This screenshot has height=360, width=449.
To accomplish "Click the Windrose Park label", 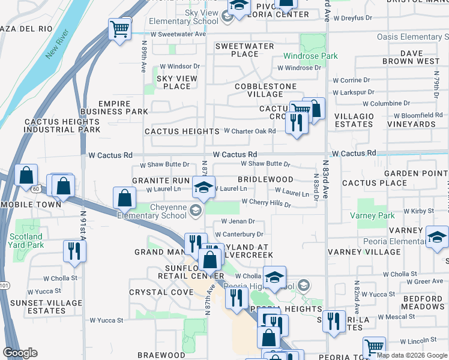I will [311, 56].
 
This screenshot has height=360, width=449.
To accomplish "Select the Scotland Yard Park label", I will [26, 241].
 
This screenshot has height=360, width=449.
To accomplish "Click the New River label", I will [58, 47].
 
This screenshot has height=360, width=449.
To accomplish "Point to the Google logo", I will [20, 353].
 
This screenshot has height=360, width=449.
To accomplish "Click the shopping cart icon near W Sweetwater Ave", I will [120, 28].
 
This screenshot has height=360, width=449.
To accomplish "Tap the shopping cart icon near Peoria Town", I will [374, 347].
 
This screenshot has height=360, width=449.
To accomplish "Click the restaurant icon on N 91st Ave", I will [74, 251].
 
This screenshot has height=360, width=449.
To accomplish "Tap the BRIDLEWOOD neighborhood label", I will [265, 179].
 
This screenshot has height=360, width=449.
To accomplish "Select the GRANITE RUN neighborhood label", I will [161, 180].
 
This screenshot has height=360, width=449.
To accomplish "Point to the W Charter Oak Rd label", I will [250, 131].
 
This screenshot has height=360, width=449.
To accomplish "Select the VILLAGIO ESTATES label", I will [354, 120].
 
